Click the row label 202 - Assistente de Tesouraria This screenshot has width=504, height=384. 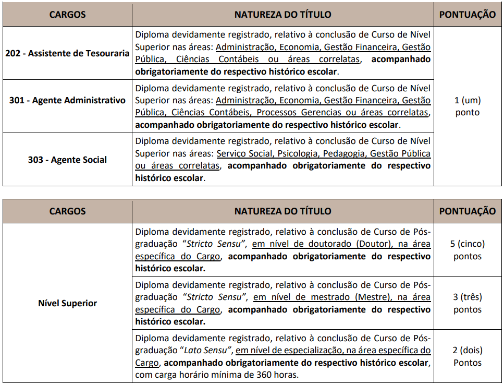point(67,53)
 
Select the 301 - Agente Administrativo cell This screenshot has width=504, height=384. point(67,100)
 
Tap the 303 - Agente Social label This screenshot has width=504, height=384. point(67,160)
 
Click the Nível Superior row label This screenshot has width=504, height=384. point(67,303)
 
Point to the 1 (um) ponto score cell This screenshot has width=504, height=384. point(468,106)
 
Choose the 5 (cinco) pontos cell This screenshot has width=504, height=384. point(468,250)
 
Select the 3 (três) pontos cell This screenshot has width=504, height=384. point(468,303)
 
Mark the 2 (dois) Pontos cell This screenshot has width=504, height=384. point(468,356)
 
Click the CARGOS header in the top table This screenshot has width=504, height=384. point(67,15)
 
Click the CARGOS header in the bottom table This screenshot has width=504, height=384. point(67,211)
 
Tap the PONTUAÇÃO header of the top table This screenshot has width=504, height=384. point(468,15)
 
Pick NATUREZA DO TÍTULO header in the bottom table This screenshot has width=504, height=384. point(282,211)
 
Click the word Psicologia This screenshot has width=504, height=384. point(298,153)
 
